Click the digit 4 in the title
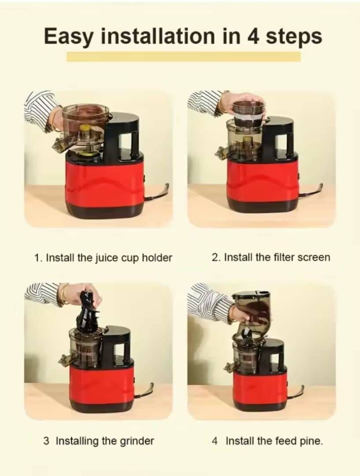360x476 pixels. pos(253,36)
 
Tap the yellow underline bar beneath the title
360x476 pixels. pos(183,56)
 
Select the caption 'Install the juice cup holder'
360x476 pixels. pos(103,258)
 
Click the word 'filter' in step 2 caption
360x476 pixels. pos(269,257)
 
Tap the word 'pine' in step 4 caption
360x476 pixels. pos(311,441)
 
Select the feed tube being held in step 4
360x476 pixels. pos(252,309)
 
